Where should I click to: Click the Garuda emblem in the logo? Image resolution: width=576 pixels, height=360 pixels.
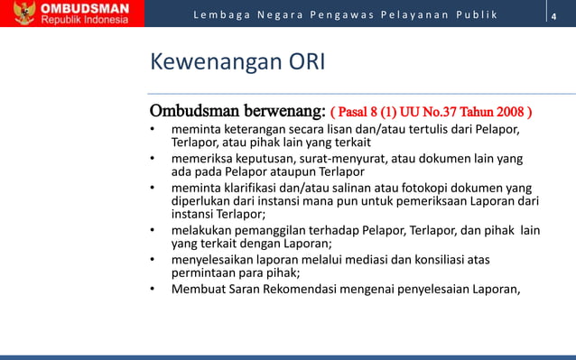pyautogui.click(x=19, y=15)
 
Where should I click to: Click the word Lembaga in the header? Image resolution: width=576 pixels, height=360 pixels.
pyautogui.click(x=219, y=16)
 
